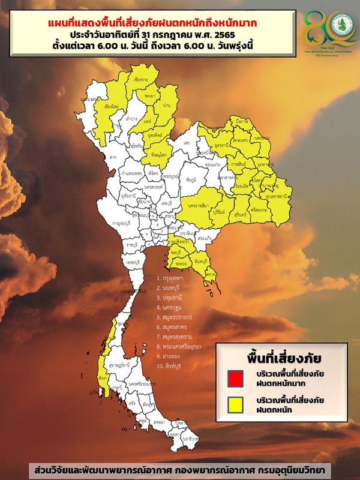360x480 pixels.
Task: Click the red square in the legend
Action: click(x=235, y=379)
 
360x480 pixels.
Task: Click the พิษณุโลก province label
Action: click(x=158, y=155)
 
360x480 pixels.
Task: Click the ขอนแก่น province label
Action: click(x=212, y=164)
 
